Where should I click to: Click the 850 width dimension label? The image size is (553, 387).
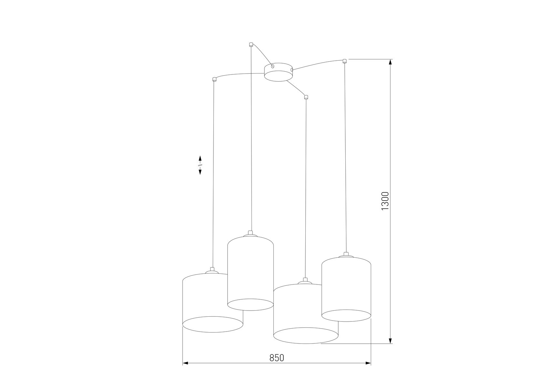277,358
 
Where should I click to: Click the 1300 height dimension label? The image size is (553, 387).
385,201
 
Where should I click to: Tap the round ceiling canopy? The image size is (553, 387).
279,72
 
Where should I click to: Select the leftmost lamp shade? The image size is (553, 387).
212,303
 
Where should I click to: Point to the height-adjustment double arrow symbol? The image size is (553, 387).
200,165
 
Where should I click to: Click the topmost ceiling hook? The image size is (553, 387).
251,44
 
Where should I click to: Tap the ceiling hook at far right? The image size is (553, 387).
344,61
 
